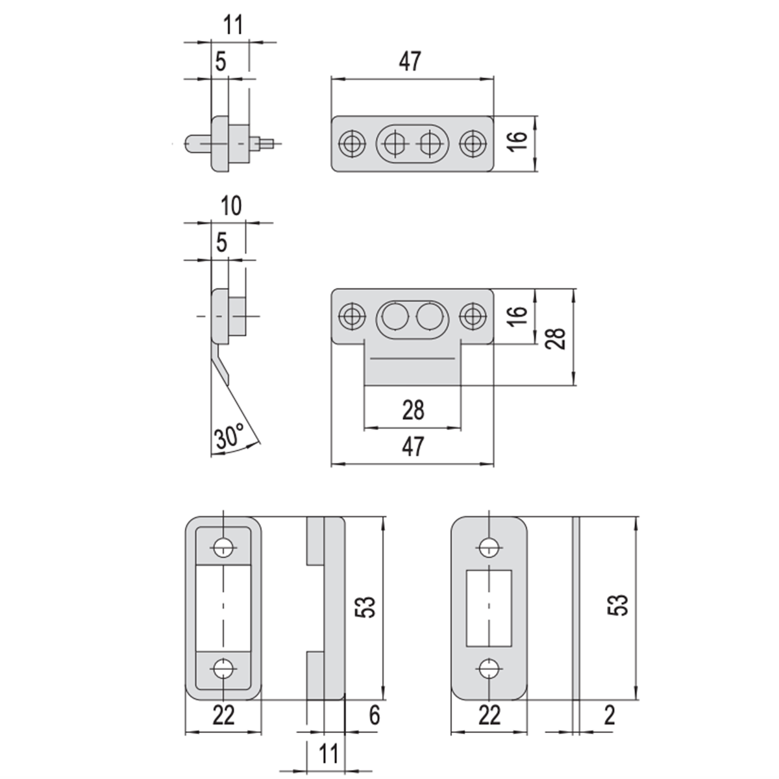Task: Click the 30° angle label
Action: [229, 436]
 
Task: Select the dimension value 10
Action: [231, 206]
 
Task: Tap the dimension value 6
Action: [375, 715]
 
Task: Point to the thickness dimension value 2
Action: [609, 715]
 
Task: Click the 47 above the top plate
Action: [410, 62]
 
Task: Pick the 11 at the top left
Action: [233, 25]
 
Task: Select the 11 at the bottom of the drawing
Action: [328, 753]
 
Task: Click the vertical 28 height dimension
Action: [556, 338]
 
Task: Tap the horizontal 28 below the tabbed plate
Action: [413, 410]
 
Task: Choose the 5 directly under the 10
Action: [221, 243]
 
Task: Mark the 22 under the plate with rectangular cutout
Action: [489, 715]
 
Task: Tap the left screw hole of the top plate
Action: [352, 143]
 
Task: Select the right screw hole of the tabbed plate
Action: [473, 315]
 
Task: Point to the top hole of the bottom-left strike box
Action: [223, 548]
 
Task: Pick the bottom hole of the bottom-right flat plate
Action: [489, 669]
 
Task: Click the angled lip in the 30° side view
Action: [221, 363]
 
